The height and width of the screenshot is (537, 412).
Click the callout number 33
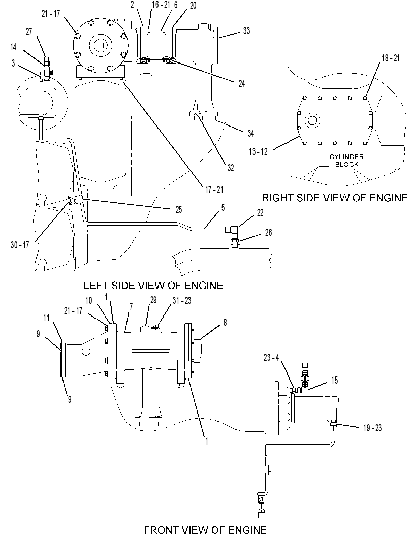[246, 31]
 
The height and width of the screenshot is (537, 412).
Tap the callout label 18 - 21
[391, 58]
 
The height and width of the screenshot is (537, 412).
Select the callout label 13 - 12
[258, 152]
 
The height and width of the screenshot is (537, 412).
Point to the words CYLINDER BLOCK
[346, 161]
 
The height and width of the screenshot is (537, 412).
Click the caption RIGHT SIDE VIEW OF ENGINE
[335, 198]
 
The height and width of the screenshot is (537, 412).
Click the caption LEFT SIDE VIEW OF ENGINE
[153, 286]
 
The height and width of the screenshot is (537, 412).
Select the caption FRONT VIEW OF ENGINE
[205, 530]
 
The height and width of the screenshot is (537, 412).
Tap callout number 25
[179, 210]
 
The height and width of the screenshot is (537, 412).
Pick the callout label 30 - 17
[20, 245]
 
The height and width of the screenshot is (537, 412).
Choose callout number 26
[268, 233]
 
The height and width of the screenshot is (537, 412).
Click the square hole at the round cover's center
[100, 45]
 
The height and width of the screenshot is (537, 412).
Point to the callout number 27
[29, 32]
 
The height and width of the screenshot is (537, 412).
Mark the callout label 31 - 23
[182, 300]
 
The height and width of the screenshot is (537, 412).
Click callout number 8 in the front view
[225, 322]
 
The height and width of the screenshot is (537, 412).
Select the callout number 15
[334, 380]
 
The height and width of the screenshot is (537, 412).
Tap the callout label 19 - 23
[372, 428]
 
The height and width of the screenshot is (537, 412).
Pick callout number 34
[250, 133]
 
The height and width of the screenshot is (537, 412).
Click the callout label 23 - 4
[271, 358]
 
